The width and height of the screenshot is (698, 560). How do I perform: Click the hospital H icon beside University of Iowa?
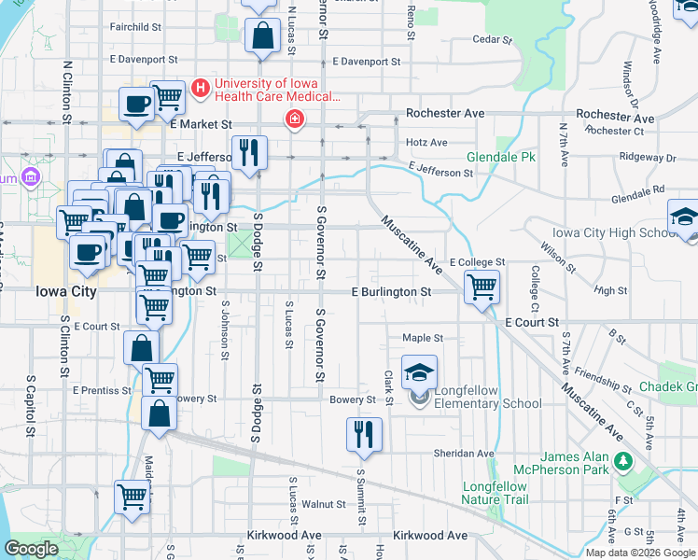[199, 89]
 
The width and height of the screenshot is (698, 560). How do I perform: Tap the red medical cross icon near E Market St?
[295, 119]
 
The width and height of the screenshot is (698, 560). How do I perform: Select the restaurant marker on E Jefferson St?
[248, 153]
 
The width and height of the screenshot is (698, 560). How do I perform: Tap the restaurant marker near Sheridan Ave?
[364, 434]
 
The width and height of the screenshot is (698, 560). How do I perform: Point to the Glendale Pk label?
[501, 157]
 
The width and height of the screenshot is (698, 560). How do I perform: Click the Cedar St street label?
[493, 40]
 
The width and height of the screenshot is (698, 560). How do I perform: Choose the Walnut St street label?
[328, 504]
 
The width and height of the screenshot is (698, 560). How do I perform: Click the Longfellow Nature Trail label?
[495, 493]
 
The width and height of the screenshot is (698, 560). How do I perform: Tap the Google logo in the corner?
[32, 549]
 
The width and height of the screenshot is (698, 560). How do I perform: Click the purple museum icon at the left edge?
[30, 176]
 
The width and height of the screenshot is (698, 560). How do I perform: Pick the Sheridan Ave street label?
[464, 454]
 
